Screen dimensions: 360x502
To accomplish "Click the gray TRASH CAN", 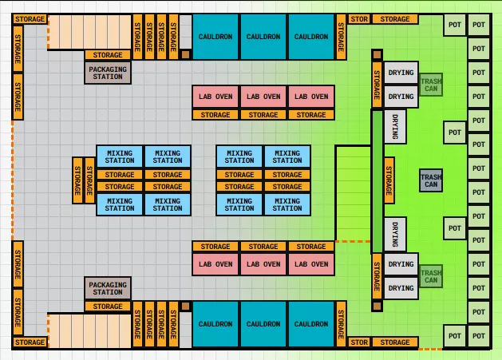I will click(431, 180).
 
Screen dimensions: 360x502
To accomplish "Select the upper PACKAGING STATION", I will click(108, 73).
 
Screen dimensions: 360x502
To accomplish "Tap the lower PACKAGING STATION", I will click(108, 288).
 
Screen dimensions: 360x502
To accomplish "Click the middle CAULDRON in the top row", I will click(263, 37).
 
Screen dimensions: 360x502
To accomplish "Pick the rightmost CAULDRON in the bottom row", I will click(311, 324).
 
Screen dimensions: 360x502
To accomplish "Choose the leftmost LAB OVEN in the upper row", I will click(215, 97).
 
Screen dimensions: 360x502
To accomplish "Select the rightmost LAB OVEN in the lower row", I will click(311, 264).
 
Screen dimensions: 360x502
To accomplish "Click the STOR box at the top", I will click(359, 19).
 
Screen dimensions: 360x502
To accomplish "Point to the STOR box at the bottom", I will click(359, 342).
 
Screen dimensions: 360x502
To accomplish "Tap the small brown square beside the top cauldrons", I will click(186, 55).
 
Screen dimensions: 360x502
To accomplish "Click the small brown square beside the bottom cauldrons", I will click(186, 307).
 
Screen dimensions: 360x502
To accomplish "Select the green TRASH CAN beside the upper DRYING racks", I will click(431, 85).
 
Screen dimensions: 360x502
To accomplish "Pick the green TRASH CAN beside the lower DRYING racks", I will click(431, 276).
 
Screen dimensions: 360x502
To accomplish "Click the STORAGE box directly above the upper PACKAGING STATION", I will click(108, 55).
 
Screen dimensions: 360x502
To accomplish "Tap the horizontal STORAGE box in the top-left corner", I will click(30, 19).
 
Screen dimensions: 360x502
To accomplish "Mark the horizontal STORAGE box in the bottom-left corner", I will click(30, 342).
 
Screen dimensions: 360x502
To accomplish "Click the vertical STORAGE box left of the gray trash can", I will click(389, 180).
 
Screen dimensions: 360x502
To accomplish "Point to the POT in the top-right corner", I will click(479, 25).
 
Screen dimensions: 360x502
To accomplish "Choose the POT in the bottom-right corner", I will click(479, 336).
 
